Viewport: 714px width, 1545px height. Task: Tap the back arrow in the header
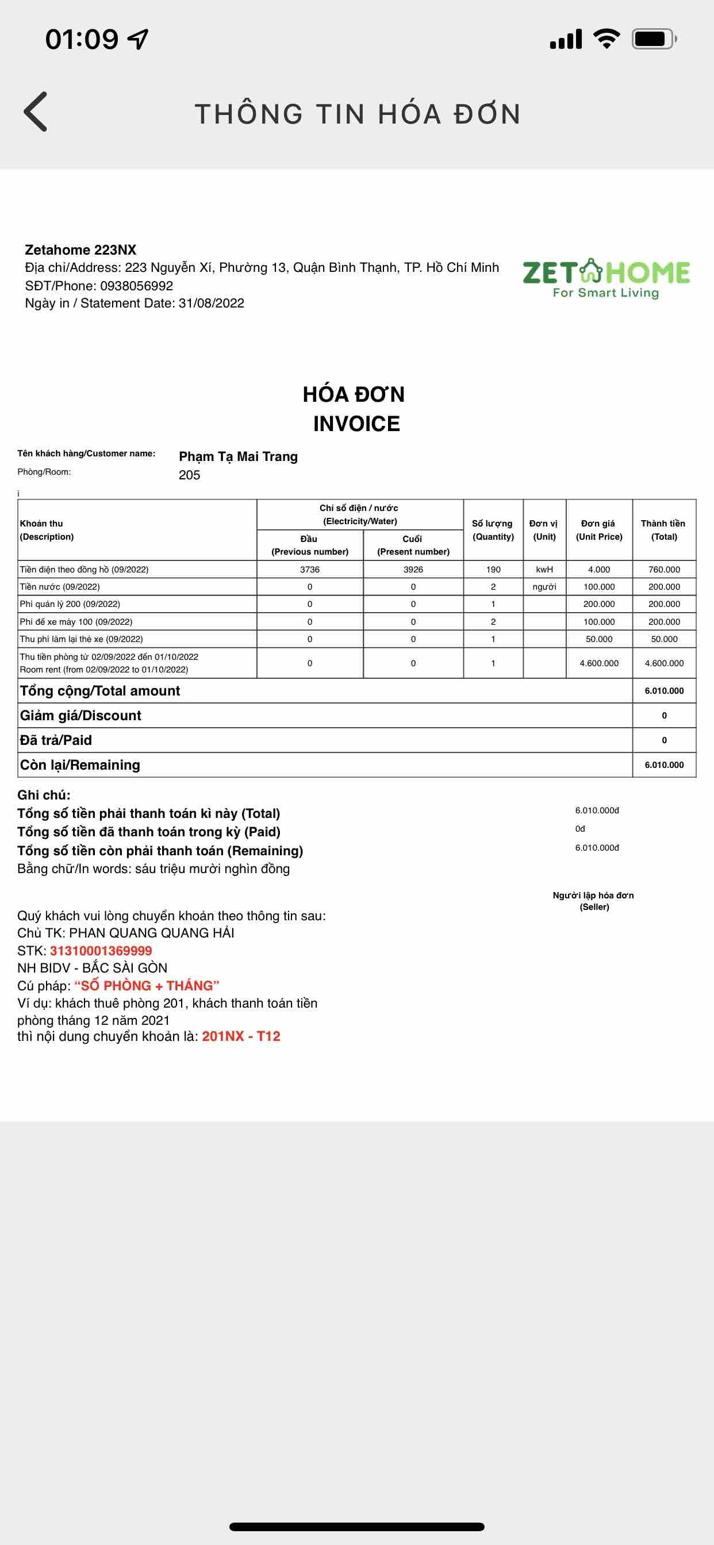36,112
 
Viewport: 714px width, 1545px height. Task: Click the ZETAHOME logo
606,278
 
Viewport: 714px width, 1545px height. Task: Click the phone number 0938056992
136,286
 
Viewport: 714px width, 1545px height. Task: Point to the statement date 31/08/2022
211,303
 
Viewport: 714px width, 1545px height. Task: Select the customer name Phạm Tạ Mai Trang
238,456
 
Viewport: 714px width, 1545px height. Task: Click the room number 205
190,475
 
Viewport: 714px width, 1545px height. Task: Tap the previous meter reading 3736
310,569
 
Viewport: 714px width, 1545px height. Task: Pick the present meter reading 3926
413,569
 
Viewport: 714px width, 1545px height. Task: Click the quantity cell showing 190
493,569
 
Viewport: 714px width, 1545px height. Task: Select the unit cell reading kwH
544,569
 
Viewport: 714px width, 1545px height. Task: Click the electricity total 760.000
664,569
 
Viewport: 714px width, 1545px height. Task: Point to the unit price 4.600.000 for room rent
599,663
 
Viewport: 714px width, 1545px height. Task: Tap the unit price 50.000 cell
599,639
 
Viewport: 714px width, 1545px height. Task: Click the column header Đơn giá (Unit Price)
599,530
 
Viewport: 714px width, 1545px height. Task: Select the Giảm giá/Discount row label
81,716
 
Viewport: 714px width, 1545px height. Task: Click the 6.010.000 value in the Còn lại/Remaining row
664,764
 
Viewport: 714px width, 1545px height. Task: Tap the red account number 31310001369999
101,951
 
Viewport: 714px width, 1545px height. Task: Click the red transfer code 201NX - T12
241,1036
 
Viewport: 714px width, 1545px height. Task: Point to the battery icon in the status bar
654,40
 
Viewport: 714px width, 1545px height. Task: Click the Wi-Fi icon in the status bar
606,39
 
